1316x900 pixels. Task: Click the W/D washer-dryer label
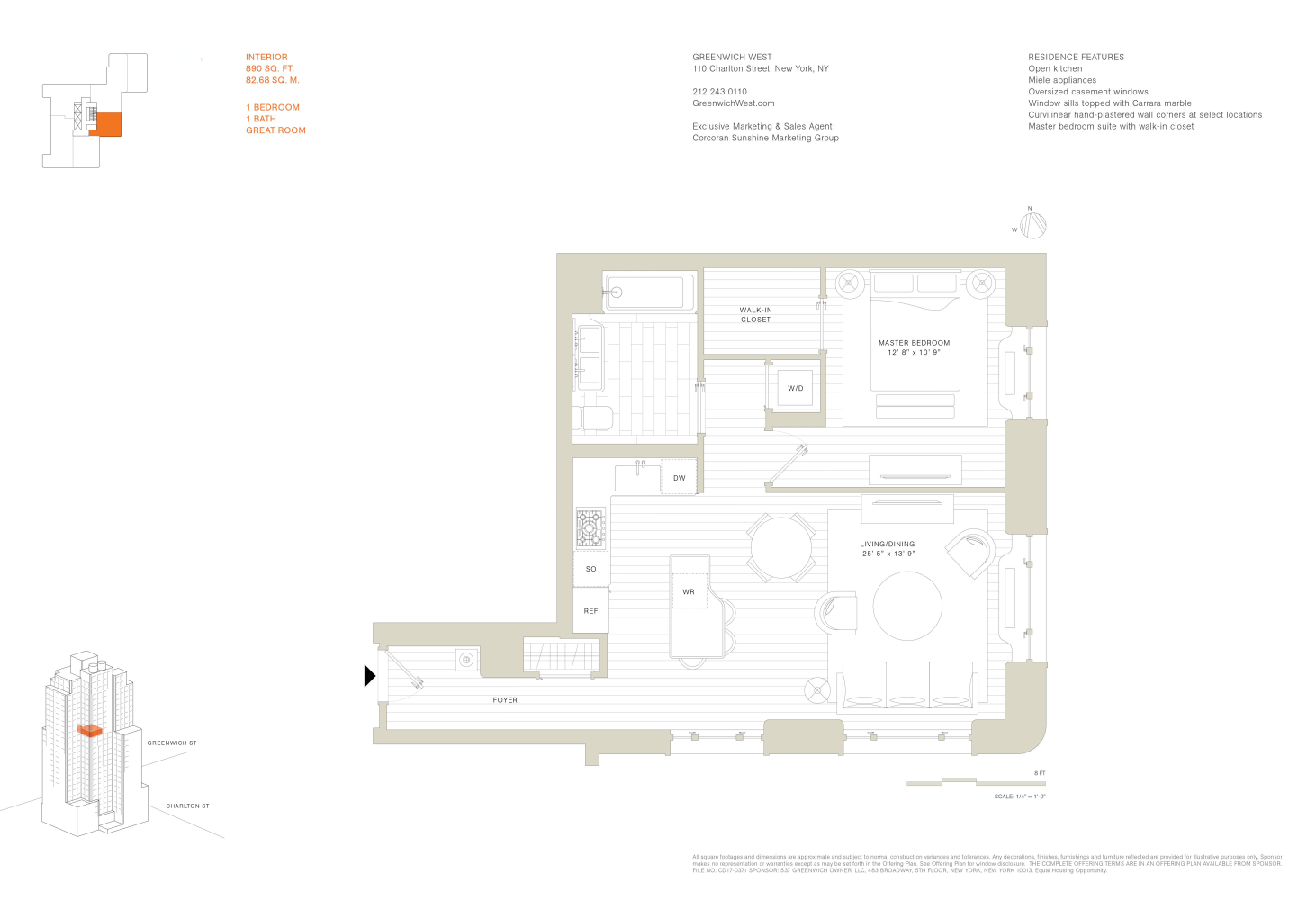[795, 388]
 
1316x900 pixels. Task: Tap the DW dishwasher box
[679, 478]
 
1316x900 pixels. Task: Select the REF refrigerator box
[590, 611]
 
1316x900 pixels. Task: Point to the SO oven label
[590, 569]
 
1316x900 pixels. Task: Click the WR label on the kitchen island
[689, 591]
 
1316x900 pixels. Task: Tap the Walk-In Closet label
[755, 314]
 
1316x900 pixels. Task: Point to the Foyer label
[505, 699]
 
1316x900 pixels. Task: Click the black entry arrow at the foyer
[369, 675]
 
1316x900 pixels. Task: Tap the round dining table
[781, 547]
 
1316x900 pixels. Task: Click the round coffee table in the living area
[907, 606]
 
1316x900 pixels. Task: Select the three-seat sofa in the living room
[907, 686]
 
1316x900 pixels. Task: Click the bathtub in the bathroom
[649, 292]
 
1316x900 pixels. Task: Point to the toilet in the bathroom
[597, 418]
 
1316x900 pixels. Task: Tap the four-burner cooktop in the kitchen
[590, 527]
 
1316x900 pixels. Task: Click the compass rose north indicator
[1032, 224]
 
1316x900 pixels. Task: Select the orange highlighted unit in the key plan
[106, 124]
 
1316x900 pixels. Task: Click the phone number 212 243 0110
[719, 92]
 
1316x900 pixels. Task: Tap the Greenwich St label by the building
[172, 742]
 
